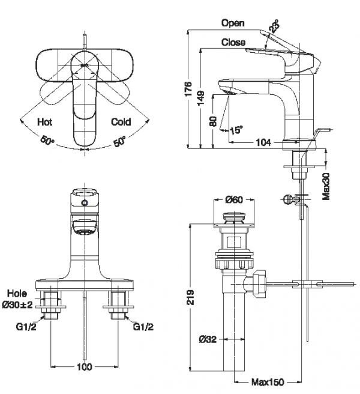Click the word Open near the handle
[x=233, y=23]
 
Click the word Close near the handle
[x=233, y=42]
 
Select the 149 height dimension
[x=201, y=98]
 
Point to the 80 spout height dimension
[x=214, y=121]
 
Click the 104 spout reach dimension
[x=263, y=142]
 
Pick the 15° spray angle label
[x=236, y=130]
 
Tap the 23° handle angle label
[x=274, y=26]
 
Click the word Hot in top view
[x=44, y=122]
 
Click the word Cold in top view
[x=121, y=122]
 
